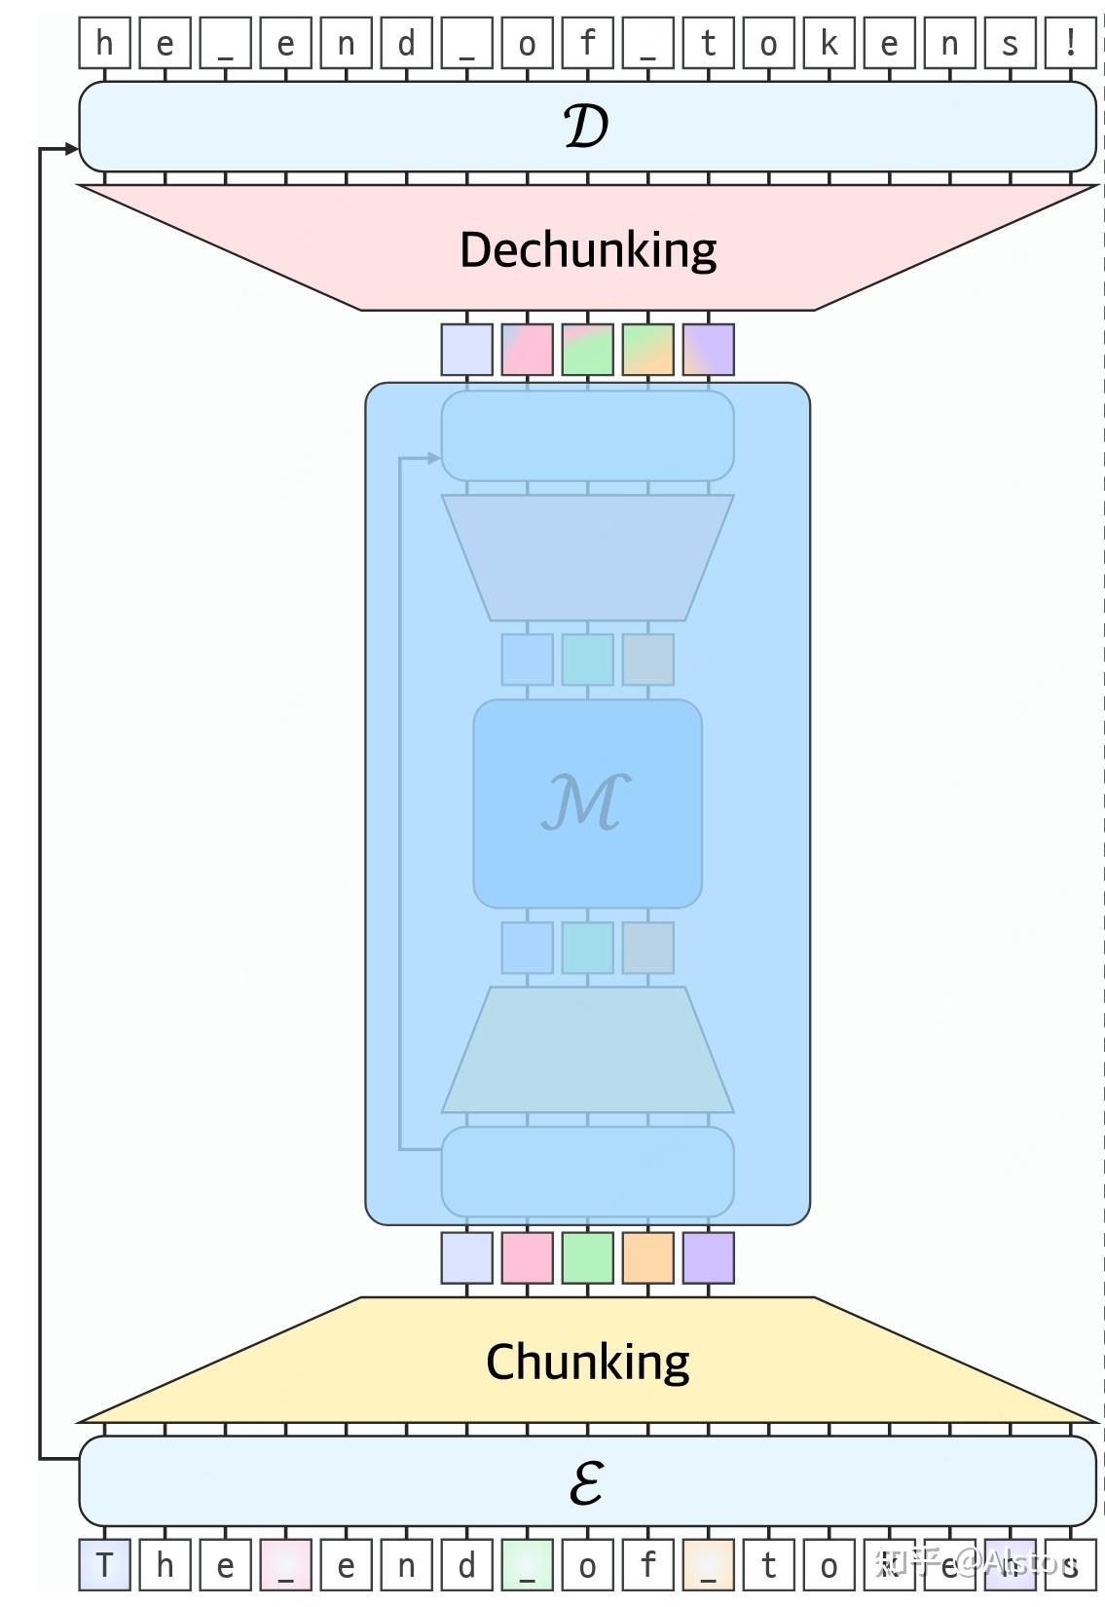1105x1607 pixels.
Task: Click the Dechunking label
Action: pyautogui.click(x=587, y=250)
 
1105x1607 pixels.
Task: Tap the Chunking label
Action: pyautogui.click(x=587, y=1362)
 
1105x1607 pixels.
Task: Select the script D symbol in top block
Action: pyautogui.click(x=586, y=127)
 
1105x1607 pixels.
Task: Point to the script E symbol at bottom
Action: pyautogui.click(x=586, y=1482)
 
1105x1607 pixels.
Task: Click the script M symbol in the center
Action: pyautogui.click(x=586, y=803)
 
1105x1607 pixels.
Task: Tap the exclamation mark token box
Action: pyautogui.click(x=1070, y=44)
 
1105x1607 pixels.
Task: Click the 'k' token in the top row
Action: pyautogui.click(x=829, y=44)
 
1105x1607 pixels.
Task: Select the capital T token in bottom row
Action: pyautogui.click(x=104, y=1565)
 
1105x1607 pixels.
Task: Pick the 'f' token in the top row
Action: pyautogui.click(x=587, y=44)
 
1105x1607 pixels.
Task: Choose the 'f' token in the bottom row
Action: pyautogui.click(x=647, y=1565)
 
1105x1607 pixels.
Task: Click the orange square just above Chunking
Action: pyautogui.click(x=647, y=1257)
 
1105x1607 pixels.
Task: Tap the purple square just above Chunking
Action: pyautogui.click(x=708, y=1257)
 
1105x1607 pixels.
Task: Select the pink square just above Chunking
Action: pyautogui.click(x=527, y=1257)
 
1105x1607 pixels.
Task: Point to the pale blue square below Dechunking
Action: pyautogui.click(x=466, y=350)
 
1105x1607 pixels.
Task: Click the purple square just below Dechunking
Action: pyautogui.click(x=708, y=350)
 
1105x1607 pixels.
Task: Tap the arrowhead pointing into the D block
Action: pyautogui.click(x=71, y=149)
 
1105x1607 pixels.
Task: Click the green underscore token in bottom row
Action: pyautogui.click(x=527, y=1565)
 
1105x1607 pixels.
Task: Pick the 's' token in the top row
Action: pyautogui.click(x=1010, y=44)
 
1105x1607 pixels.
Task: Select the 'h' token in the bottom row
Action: pyautogui.click(x=165, y=1565)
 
